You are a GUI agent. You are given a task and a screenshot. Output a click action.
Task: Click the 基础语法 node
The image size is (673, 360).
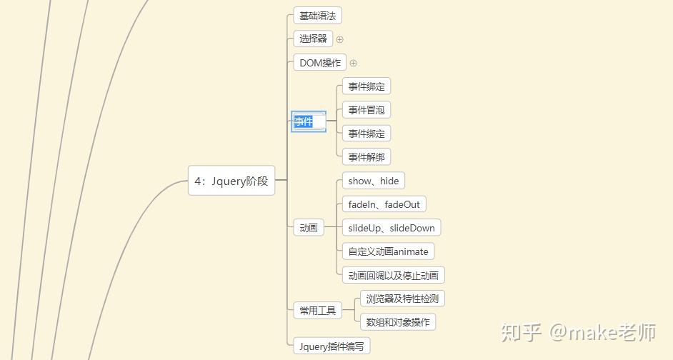click(x=317, y=16)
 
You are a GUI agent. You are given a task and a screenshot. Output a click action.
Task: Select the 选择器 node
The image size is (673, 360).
click(x=313, y=39)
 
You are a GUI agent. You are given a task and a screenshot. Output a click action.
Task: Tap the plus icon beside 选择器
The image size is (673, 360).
click(x=340, y=39)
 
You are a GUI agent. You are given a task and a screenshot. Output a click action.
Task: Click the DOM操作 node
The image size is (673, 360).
click(x=320, y=63)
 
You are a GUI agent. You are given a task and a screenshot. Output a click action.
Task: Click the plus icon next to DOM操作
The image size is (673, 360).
click(x=353, y=63)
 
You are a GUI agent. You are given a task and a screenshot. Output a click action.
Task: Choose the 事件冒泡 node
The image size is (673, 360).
click(x=367, y=110)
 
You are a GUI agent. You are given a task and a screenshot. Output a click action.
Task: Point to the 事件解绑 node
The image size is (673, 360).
click(x=367, y=157)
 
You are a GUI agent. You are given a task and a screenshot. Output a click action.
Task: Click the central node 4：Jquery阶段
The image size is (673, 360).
click(x=231, y=181)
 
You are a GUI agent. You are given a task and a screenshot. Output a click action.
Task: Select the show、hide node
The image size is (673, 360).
click(x=374, y=181)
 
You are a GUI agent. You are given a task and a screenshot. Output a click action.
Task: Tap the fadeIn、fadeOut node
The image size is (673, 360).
click(x=384, y=204)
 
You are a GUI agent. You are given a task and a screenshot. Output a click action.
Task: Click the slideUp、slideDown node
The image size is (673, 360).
click(x=392, y=228)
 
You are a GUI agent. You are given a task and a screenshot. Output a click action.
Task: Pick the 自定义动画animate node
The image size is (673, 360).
click(x=389, y=251)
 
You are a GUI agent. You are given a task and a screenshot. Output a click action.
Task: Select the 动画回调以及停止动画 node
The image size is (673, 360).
click(x=394, y=275)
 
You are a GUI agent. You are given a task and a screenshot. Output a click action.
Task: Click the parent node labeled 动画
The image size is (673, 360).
click(x=309, y=228)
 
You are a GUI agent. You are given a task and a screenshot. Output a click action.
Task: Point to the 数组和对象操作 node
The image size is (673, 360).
click(x=398, y=322)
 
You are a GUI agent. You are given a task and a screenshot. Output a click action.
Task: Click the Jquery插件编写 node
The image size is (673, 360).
click(x=331, y=346)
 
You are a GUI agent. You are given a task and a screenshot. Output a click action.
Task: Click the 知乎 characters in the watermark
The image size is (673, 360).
click(x=520, y=332)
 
